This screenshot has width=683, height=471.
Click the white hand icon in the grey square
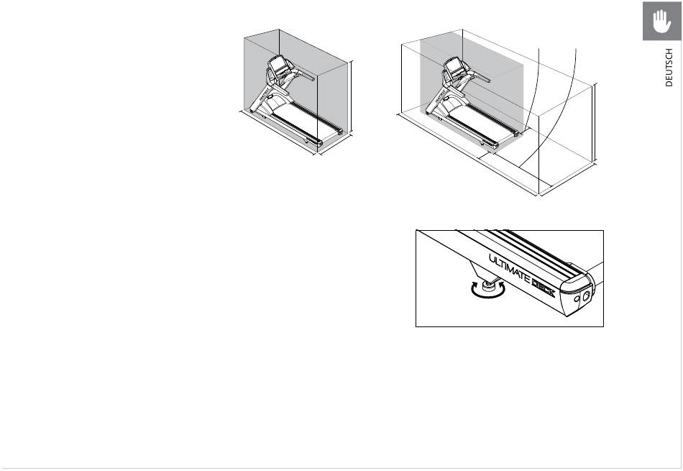click(661, 21)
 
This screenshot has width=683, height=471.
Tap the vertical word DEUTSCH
click(669, 68)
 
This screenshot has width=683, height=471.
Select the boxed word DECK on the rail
click(544, 288)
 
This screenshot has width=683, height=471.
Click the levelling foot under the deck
click(488, 285)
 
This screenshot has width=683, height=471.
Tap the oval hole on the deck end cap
click(586, 296)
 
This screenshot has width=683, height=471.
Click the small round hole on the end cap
click(577, 299)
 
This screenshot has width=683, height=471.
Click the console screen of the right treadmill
click(452, 67)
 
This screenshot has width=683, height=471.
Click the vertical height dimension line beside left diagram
click(351, 96)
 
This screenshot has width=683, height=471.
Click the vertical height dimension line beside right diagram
click(595, 122)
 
